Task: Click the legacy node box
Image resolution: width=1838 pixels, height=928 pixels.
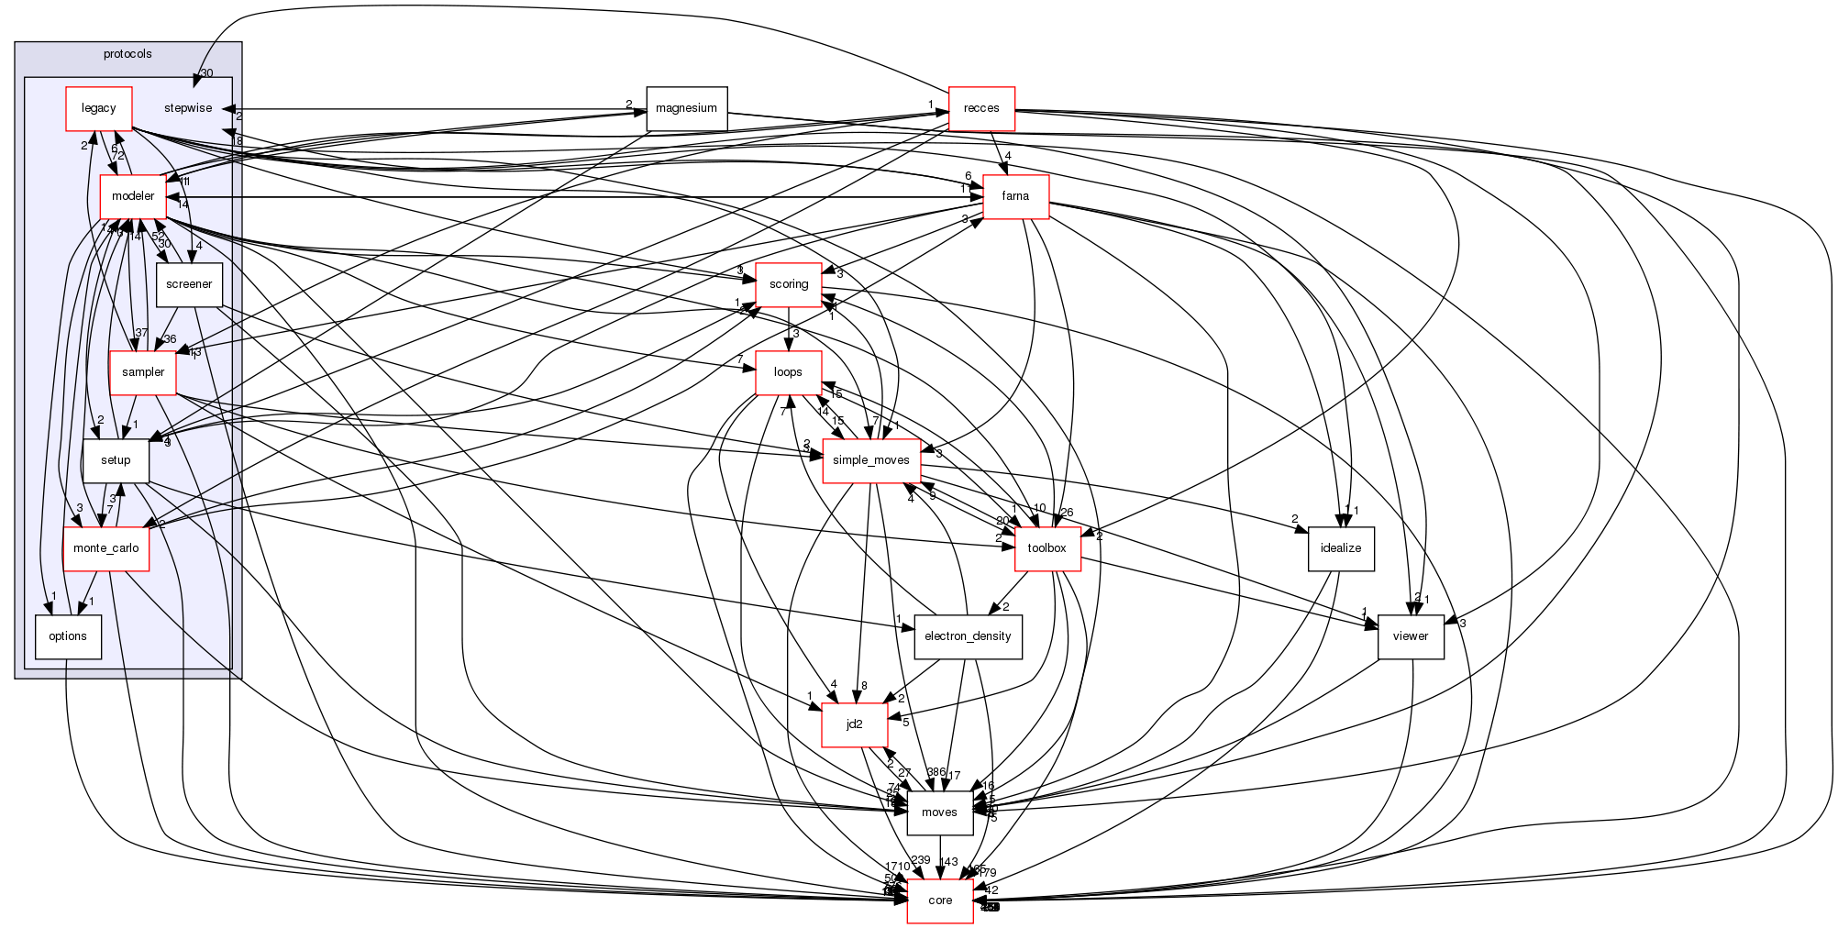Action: click(99, 108)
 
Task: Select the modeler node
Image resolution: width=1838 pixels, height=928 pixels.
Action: click(133, 196)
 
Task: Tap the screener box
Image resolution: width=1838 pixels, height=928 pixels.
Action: click(189, 284)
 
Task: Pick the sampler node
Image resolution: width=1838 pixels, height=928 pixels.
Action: click(143, 372)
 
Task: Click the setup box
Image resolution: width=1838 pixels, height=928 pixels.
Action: click(116, 460)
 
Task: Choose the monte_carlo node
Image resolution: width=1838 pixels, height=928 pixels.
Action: click(106, 548)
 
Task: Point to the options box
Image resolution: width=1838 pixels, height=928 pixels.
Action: click(68, 636)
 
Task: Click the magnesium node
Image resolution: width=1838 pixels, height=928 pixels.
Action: click(686, 108)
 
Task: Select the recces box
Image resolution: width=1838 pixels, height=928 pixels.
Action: click(981, 108)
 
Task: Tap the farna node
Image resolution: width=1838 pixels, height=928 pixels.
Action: click(1015, 196)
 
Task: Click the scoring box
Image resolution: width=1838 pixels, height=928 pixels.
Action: click(789, 284)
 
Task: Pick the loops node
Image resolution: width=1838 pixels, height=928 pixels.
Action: click(788, 372)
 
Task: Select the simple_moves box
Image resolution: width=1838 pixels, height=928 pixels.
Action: click(871, 460)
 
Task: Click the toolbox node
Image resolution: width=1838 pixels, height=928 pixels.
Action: click(1046, 548)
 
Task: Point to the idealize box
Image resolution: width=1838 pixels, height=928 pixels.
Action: click(1341, 548)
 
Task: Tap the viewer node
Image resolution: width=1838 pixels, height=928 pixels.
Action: click(1411, 636)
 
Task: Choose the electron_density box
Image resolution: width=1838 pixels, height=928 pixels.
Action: click(968, 636)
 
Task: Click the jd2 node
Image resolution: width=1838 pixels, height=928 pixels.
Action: click(854, 724)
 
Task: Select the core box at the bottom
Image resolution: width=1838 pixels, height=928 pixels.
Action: click(940, 900)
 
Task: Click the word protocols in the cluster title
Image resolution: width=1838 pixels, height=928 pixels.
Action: click(127, 54)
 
